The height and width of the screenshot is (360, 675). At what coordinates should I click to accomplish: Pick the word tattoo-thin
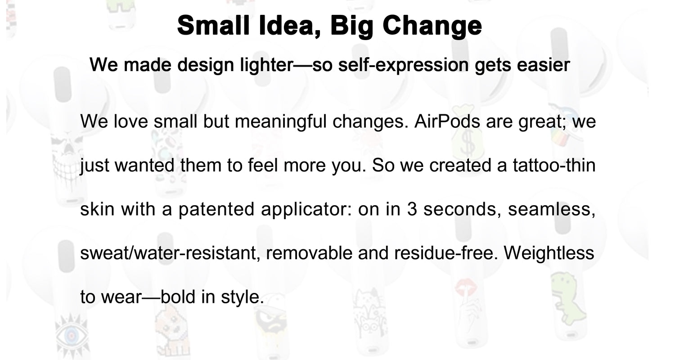click(x=554, y=166)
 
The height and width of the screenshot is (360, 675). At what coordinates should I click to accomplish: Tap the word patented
click(x=216, y=209)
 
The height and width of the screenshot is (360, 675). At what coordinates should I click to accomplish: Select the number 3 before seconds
click(x=412, y=209)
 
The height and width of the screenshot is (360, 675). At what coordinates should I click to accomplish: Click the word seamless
click(x=551, y=209)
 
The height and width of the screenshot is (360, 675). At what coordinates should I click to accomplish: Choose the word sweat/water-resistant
click(x=170, y=253)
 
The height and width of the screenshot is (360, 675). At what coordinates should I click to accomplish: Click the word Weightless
click(x=549, y=253)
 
